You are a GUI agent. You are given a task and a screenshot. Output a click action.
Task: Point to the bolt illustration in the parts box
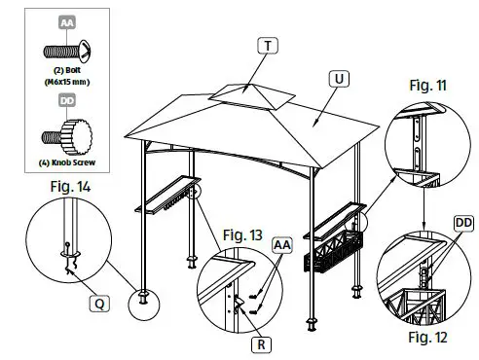65,49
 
